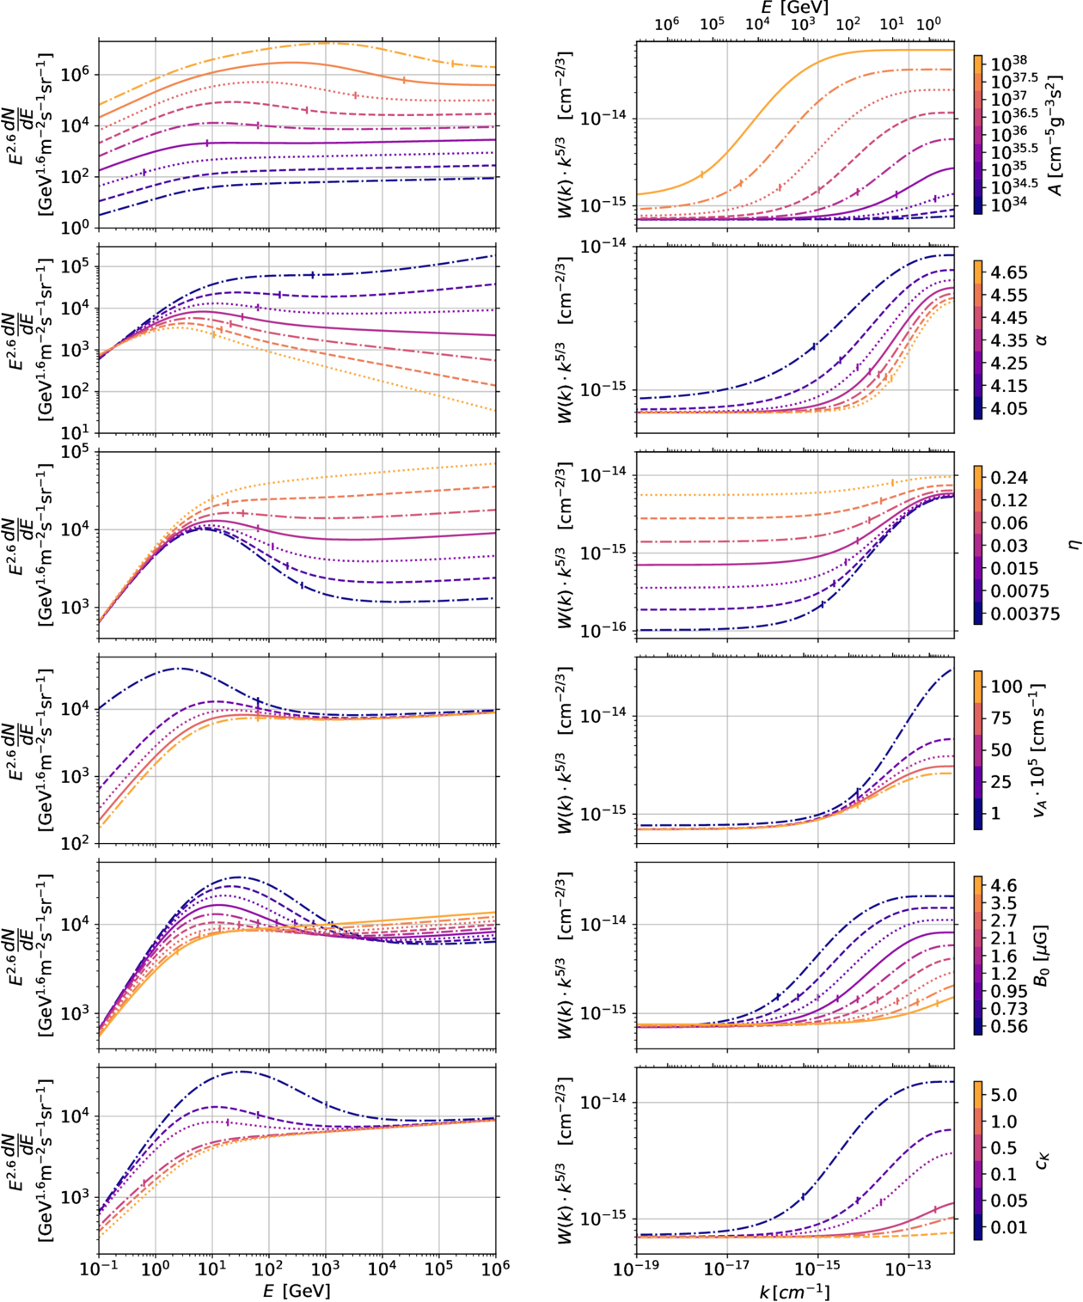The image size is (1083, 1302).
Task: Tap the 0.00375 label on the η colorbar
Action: pos(1025,614)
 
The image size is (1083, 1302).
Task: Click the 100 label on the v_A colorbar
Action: pos(1007,687)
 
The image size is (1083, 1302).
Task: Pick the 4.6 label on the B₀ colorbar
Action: pos(1003,886)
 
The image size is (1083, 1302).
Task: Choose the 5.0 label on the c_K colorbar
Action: pos(1003,1095)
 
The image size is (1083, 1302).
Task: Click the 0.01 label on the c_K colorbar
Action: pos(1008,1227)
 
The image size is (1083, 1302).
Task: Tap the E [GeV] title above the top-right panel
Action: pos(795,8)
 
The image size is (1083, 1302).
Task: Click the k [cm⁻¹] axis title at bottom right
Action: pos(795,1291)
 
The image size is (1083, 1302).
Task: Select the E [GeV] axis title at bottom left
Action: pos(297,1291)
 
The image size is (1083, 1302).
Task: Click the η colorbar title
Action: pos(1071,545)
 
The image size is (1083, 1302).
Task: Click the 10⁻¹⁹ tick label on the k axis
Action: pos(637,1268)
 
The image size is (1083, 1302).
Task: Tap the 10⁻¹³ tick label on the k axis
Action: pos(909,1268)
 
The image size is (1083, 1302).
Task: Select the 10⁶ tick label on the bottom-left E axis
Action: pos(496,1268)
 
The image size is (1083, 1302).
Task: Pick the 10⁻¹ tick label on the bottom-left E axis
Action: pos(100,1268)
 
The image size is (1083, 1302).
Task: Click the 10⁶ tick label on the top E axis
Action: pos(667,23)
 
